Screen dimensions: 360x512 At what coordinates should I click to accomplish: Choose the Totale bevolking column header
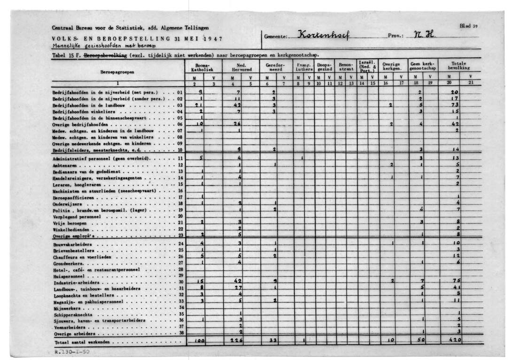tap(460, 65)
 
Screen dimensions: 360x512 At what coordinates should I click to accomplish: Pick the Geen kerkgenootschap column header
tap(423, 66)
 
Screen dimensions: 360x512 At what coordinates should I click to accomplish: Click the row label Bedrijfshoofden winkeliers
tap(78, 112)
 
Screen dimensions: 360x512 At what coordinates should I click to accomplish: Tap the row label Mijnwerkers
tap(65, 308)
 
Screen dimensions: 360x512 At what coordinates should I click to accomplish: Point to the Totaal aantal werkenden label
tap(82, 342)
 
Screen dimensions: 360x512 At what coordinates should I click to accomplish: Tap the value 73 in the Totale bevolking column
tap(455, 105)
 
